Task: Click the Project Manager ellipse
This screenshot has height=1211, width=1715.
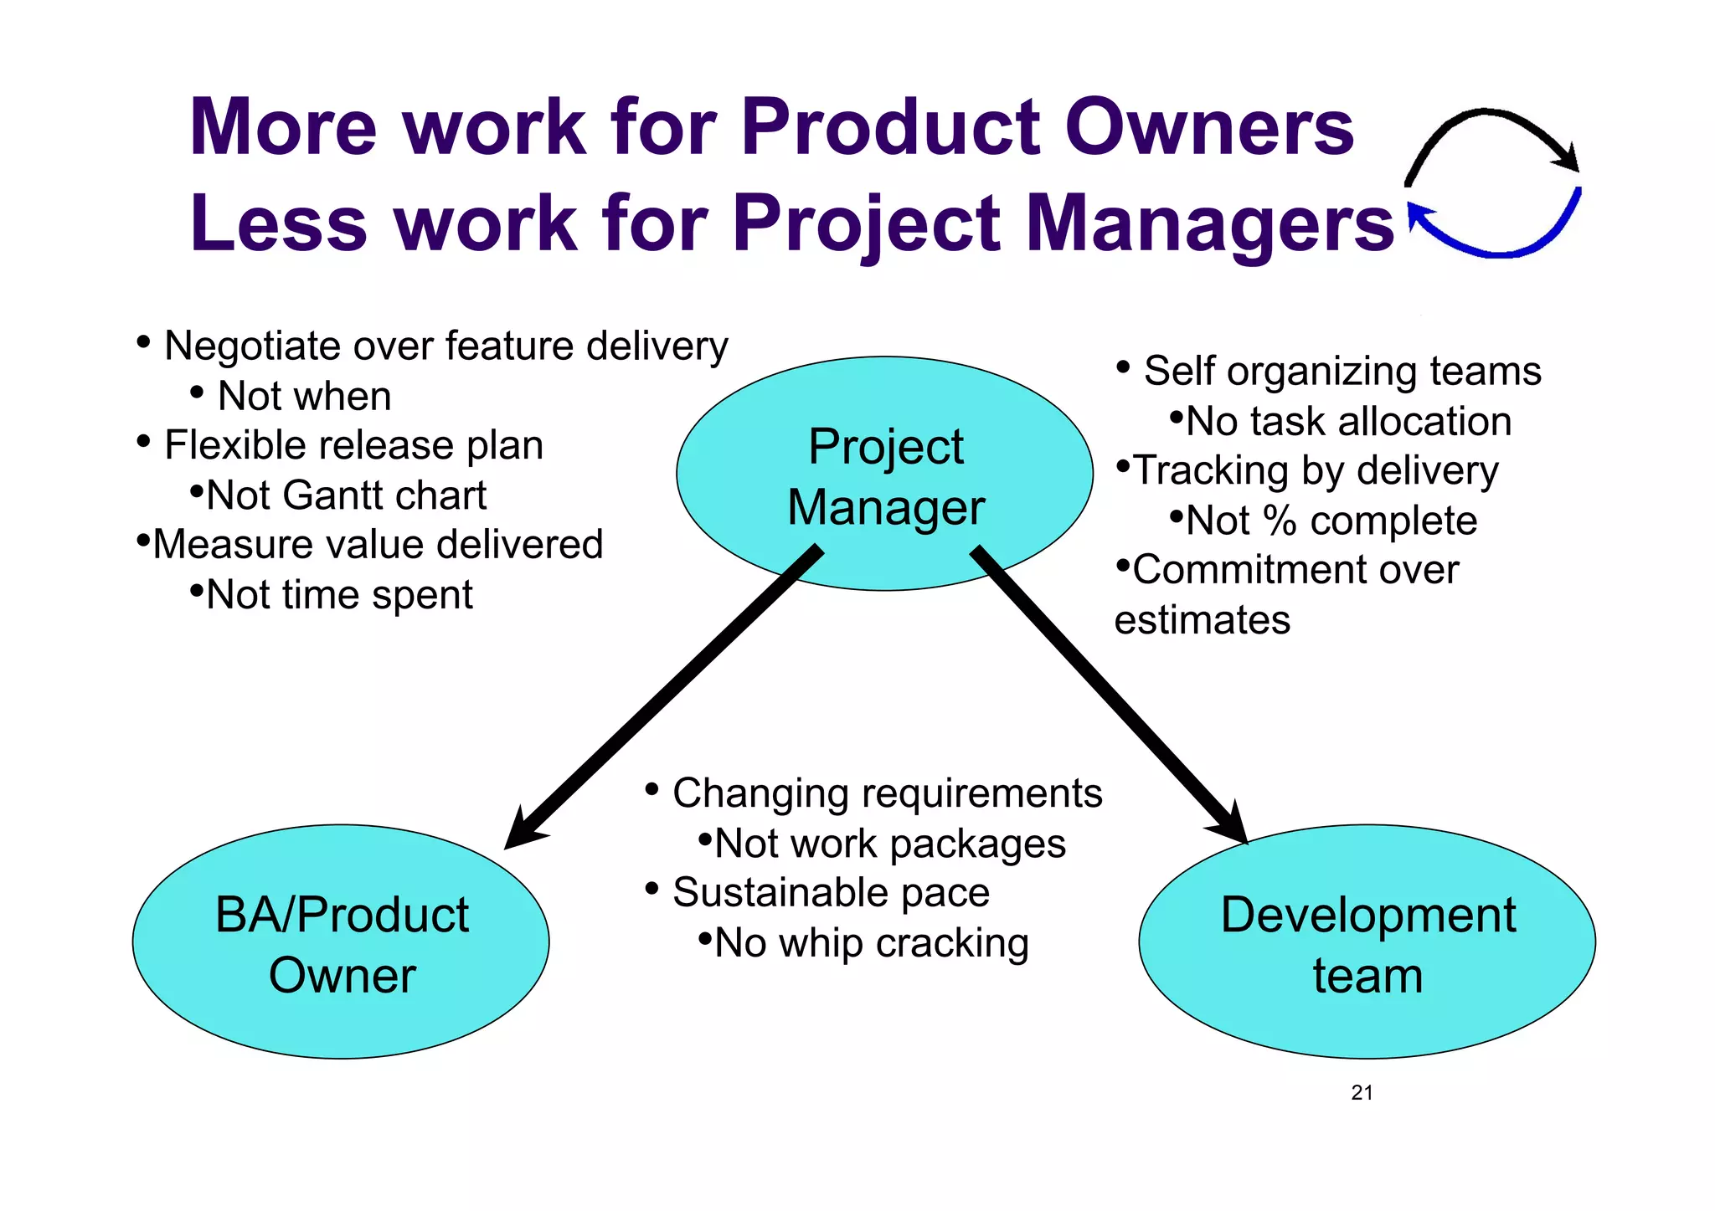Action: (884, 474)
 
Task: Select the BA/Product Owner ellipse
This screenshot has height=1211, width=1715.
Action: (341, 942)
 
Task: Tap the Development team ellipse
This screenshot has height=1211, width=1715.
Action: (1367, 942)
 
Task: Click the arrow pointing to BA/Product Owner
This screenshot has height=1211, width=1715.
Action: (662, 700)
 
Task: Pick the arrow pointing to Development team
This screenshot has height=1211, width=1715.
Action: (1105, 691)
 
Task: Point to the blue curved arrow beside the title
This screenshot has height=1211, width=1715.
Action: (1499, 243)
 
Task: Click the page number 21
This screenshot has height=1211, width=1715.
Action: (1362, 1092)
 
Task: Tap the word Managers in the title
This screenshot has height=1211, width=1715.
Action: (1209, 224)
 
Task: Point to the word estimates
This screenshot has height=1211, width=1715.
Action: (1203, 620)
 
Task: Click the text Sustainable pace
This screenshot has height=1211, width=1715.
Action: (831, 892)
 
